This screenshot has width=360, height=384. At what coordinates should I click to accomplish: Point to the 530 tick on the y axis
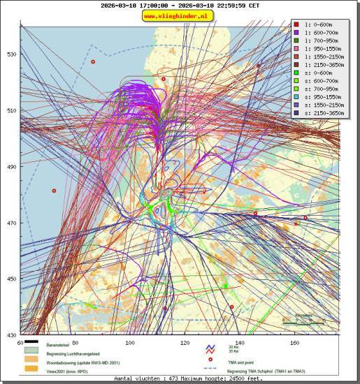[11, 54]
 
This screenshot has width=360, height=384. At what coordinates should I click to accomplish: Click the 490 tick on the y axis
[11, 166]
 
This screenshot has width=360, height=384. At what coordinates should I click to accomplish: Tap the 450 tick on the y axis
[11, 279]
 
